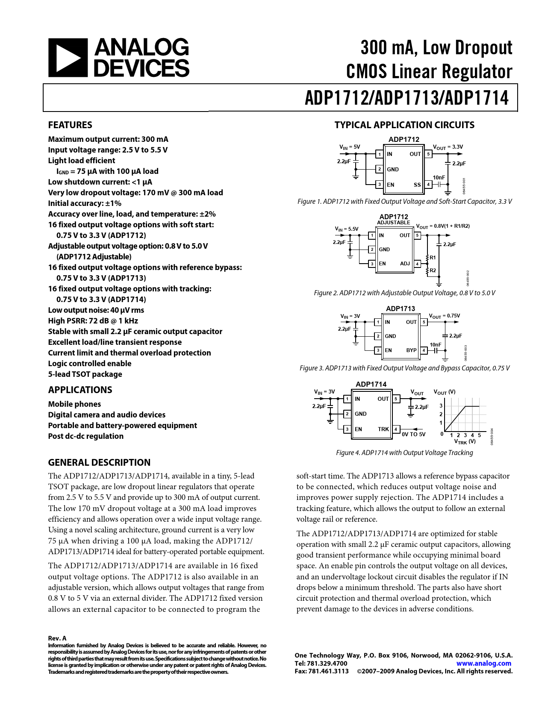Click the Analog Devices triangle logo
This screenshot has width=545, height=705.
[x=68, y=58]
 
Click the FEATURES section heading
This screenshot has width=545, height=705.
[x=70, y=125]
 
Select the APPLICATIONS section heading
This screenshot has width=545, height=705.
[x=80, y=390]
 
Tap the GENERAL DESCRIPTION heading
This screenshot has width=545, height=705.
[x=99, y=462]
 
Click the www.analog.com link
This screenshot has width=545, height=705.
[x=483, y=664]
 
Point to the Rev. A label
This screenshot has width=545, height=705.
[x=57, y=638]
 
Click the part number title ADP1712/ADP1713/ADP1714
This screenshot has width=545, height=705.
[x=407, y=98]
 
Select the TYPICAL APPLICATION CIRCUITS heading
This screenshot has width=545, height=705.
[x=404, y=125]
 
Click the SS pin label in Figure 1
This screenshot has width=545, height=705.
[x=417, y=185]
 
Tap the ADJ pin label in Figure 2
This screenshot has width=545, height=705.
[x=405, y=264]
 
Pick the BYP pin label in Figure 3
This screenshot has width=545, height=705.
[x=411, y=350]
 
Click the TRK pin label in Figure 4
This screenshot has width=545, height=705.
[x=383, y=429]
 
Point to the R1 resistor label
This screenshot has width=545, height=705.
[x=433, y=258]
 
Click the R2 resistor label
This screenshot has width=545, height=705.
[x=433, y=270]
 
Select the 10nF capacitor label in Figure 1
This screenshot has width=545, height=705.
[x=439, y=178]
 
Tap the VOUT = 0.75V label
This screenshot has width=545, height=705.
[x=445, y=316]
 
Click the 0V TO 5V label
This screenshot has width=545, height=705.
[x=413, y=435]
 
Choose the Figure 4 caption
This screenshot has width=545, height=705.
[x=404, y=453]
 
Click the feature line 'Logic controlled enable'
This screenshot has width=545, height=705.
[x=90, y=364]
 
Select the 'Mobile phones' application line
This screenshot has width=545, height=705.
[x=74, y=404]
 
